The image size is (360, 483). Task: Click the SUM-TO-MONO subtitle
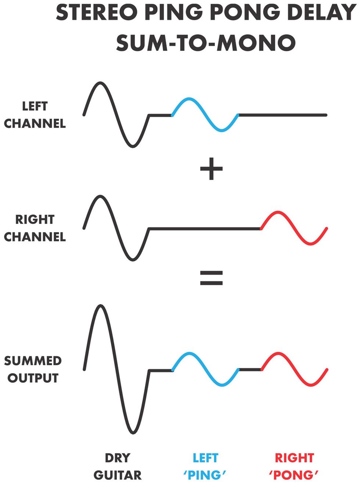click(206, 43)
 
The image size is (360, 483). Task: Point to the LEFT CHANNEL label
click(35, 115)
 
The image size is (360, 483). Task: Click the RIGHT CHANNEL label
click(35, 228)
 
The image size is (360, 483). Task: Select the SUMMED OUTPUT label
click(33, 369)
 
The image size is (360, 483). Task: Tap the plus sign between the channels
click(211, 169)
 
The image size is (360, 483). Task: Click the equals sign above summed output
click(211, 278)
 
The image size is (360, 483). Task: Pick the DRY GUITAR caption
click(117, 466)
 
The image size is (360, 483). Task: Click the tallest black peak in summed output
click(100, 306)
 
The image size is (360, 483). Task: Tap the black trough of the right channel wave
click(133, 260)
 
